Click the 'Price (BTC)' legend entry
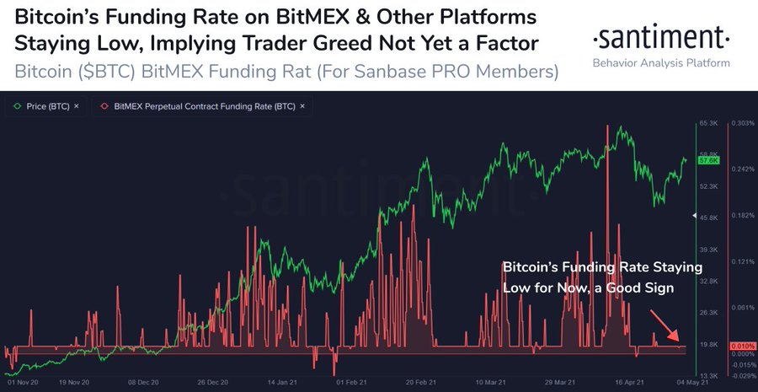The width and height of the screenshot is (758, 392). click(x=47, y=105)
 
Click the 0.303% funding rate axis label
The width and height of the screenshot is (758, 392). click(x=743, y=124)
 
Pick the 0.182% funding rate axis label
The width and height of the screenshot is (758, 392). click(x=743, y=216)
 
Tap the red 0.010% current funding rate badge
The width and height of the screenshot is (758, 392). click(x=742, y=346)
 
